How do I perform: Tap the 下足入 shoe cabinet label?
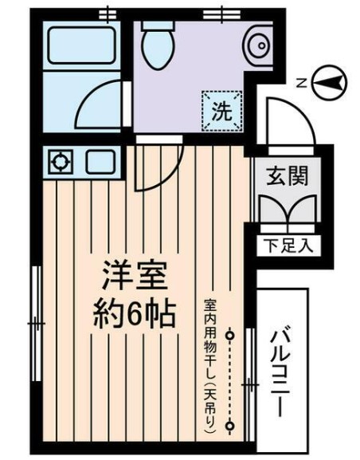[286, 246]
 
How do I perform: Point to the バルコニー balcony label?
[280, 371]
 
